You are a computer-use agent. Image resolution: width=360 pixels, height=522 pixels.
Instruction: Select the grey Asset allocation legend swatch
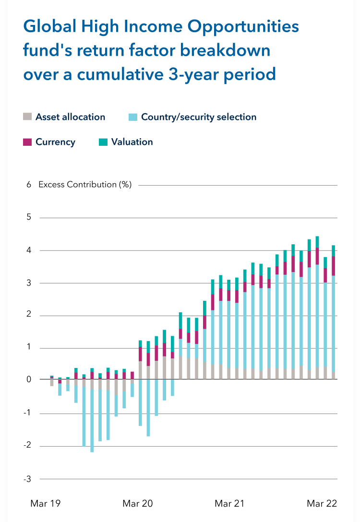[27, 117]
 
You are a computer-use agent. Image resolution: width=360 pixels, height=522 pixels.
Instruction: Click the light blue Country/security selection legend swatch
[133, 117]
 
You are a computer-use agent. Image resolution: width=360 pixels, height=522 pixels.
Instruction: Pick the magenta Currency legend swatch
[27, 142]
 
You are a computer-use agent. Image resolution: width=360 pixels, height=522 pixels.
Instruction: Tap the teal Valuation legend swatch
[103, 142]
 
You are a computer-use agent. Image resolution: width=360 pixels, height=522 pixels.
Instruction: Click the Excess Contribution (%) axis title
[85, 185]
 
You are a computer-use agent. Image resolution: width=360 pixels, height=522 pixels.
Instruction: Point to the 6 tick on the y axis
[29, 185]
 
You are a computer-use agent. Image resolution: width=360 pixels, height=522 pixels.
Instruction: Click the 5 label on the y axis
[29, 217]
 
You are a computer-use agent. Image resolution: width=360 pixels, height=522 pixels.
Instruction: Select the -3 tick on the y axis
[28, 479]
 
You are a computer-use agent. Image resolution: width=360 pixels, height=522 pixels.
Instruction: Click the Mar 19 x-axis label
[45, 503]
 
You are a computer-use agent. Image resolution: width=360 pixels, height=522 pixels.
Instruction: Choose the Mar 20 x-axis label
[138, 503]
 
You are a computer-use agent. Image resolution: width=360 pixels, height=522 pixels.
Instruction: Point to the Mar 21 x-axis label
[229, 503]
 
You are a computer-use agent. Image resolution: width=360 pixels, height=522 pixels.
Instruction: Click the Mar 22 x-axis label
[322, 503]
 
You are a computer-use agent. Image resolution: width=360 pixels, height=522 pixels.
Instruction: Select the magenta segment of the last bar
[333, 266]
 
